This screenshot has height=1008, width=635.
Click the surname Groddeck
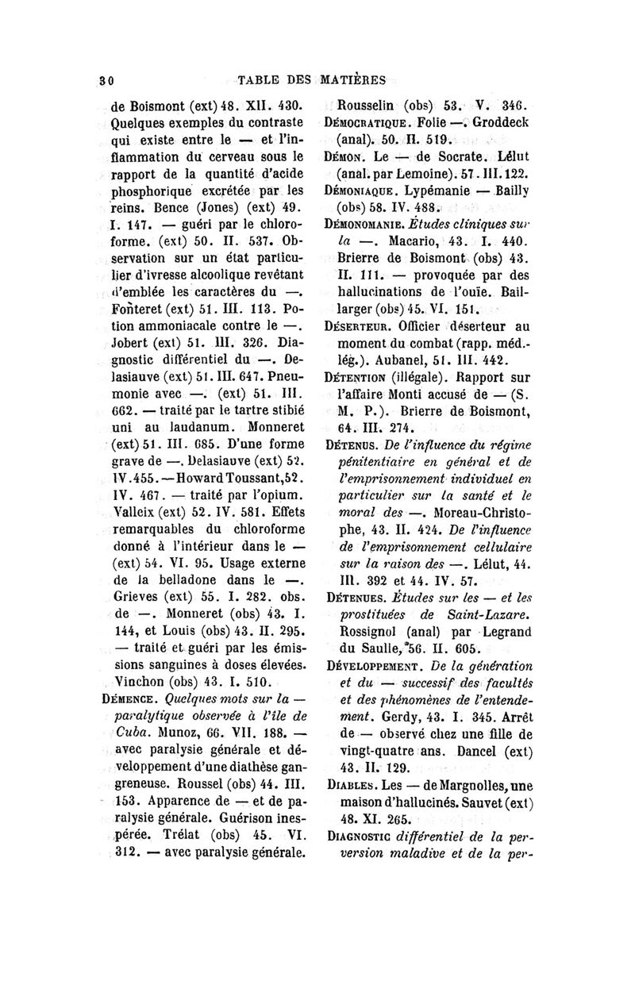507,122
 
